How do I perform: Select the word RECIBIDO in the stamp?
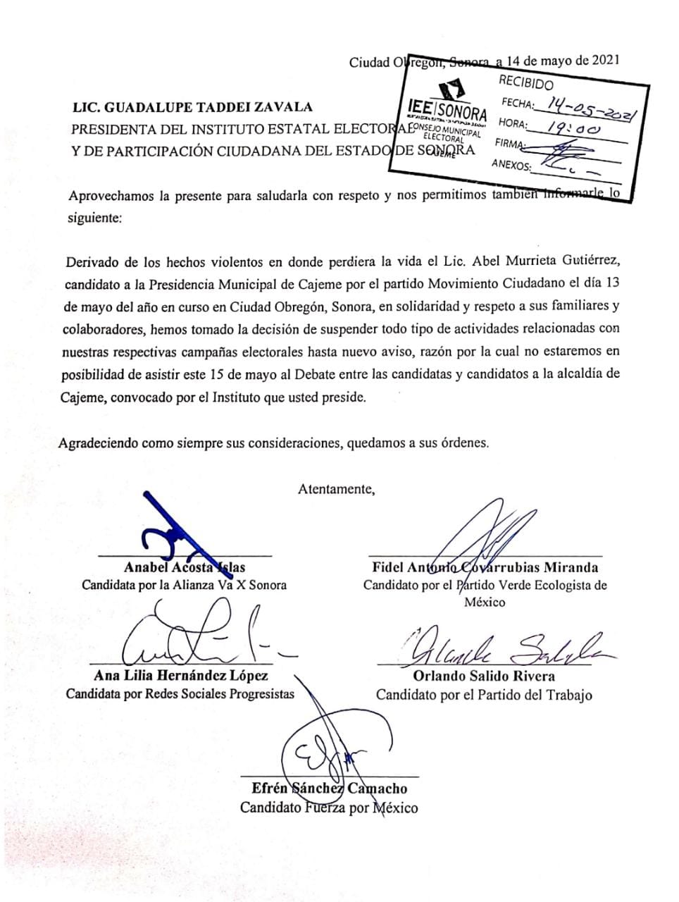(x=526, y=84)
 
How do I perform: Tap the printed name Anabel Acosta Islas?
(x=185, y=567)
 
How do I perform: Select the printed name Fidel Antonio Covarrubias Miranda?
(x=485, y=567)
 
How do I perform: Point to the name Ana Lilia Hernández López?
(x=180, y=676)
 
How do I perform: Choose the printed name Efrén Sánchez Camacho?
(x=329, y=789)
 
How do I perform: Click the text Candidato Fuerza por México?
(x=329, y=808)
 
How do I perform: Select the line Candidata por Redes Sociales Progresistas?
(x=180, y=694)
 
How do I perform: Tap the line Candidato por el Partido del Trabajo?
(x=484, y=695)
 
